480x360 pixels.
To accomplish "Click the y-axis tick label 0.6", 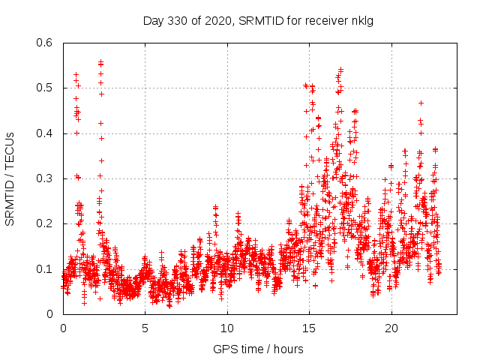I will [x=43, y=43].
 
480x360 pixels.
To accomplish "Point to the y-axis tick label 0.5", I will [x=43, y=88].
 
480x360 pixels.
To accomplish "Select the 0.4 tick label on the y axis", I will [x=43, y=133].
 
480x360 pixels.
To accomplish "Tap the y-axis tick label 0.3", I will [x=43, y=178].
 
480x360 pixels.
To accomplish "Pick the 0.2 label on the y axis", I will [x=43, y=223].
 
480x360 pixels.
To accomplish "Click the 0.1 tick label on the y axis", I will [x=43, y=268].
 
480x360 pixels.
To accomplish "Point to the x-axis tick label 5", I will [x=145, y=328].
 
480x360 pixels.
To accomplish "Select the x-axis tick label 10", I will [x=227, y=328].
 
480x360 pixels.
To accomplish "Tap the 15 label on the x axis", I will [x=309, y=328].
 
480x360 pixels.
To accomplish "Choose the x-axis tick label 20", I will [x=391, y=328].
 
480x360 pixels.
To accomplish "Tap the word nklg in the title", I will [x=362, y=19].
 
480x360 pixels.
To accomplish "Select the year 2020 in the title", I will [x=219, y=19].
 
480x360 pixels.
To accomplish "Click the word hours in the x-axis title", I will [x=288, y=349].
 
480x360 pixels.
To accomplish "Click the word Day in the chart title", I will [x=152, y=19].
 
